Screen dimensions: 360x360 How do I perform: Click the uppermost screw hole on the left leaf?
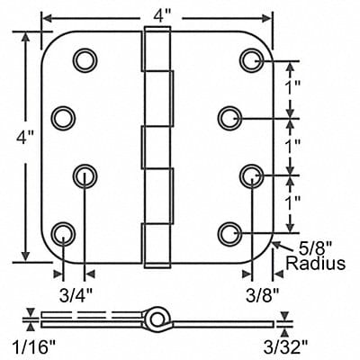click(x=85, y=59)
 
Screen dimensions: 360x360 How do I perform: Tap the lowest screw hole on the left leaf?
click(x=62, y=236)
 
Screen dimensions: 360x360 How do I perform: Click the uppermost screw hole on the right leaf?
click(x=251, y=59)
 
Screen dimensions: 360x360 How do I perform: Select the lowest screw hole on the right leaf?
click(x=229, y=236)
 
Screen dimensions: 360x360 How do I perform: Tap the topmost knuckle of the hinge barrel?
click(x=154, y=49)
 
